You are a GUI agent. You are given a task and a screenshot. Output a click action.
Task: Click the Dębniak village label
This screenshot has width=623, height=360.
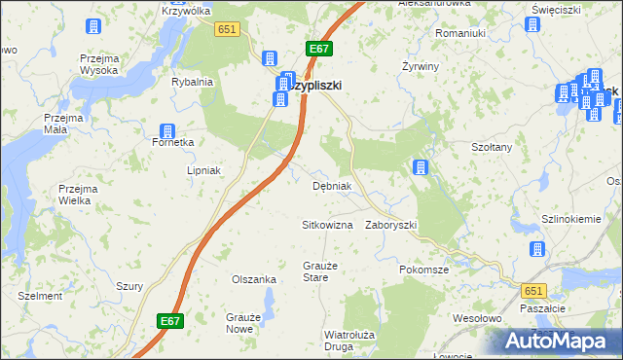[x=331, y=186]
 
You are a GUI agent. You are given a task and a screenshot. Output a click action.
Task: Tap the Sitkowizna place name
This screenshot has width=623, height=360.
[x=327, y=225]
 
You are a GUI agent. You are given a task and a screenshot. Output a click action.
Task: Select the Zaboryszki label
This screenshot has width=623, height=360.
[x=391, y=225]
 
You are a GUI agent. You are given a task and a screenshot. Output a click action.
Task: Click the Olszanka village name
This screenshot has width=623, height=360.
[x=254, y=279]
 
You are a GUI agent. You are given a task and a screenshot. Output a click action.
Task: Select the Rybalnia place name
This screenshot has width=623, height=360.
[x=192, y=82]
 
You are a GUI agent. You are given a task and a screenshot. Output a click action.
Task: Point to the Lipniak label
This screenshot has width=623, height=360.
[x=205, y=170]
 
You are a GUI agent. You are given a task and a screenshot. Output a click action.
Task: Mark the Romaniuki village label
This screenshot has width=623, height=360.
[x=460, y=33]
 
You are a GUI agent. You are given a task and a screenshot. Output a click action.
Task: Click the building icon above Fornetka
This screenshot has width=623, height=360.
[x=166, y=131]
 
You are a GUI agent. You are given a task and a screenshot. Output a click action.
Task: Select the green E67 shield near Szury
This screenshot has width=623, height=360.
[x=169, y=319]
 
